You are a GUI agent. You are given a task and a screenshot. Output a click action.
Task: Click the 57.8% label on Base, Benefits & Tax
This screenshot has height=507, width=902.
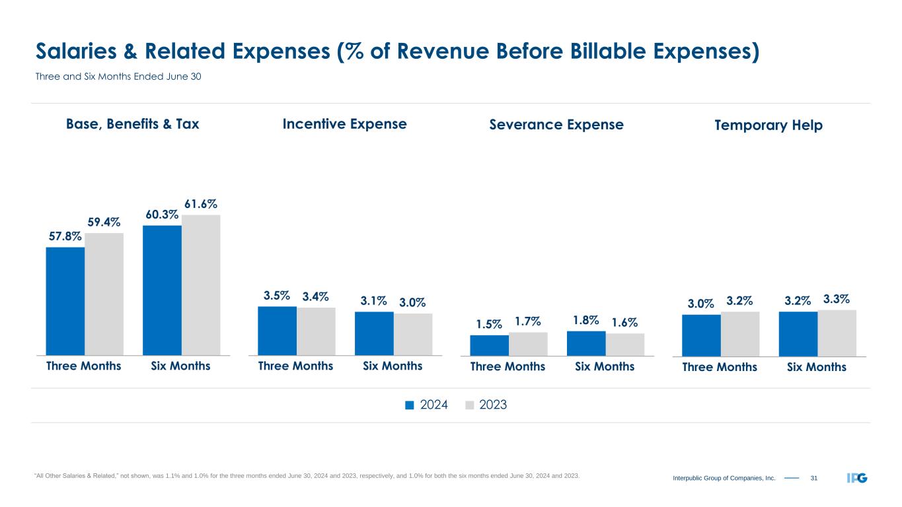click(x=64, y=236)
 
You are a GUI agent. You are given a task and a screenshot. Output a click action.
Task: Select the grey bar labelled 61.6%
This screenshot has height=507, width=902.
click(x=201, y=285)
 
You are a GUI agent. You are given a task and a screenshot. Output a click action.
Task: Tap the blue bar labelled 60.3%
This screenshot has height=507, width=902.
click(x=162, y=290)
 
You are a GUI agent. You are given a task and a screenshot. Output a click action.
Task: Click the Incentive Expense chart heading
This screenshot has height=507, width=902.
click(x=344, y=124)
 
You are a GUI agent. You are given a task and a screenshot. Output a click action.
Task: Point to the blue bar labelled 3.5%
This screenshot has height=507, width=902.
click(x=277, y=331)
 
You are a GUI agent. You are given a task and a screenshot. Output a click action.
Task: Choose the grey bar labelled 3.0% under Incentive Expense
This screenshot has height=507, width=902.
click(x=413, y=334)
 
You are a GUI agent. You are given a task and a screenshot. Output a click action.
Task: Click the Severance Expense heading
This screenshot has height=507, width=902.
click(x=556, y=125)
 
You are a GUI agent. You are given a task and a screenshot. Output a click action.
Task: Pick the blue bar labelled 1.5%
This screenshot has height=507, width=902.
click(x=489, y=345)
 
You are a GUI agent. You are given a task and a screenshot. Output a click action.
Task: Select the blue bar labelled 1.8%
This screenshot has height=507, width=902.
click(x=586, y=343)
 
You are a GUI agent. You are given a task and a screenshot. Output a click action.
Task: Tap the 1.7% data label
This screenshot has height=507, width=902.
click(x=528, y=322)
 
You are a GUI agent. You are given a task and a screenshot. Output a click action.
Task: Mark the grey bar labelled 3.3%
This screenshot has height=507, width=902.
click(x=837, y=333)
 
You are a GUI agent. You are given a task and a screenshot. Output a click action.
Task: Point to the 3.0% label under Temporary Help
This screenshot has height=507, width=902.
click(x=700, y=304)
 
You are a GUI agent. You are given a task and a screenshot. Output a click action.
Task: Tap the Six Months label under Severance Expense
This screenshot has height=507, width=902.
click(x=605, y=366)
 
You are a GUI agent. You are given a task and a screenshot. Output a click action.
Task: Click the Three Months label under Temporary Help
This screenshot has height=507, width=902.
click(x=720, y=367)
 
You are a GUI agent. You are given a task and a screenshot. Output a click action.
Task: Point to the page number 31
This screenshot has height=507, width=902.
click(x=813, y=478)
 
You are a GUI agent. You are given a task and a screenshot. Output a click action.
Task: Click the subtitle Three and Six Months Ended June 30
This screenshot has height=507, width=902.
click(x=118, y=77)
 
